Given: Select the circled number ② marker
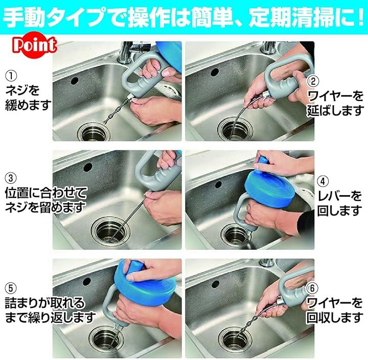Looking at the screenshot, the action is (x=313, y=81).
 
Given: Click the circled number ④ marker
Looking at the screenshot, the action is (x=323, y=182).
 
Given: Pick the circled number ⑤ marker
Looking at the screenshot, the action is (x=11, y=288).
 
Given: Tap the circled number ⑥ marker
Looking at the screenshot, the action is (x=312, y=288).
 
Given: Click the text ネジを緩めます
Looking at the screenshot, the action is (x=28, y=98).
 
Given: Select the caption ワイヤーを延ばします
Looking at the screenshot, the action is (x=335, y=103).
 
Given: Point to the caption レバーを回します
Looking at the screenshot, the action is (x=339, y=203).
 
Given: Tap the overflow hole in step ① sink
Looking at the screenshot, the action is (x=75, y=81).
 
